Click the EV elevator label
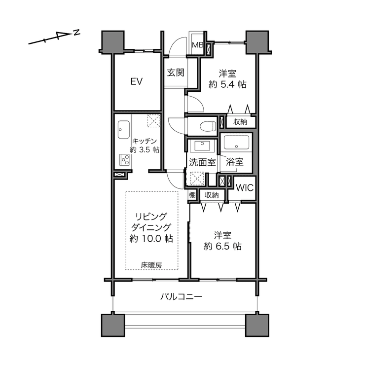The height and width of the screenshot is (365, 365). coord(137,81)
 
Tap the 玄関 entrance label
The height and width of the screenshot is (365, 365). coord(176,73)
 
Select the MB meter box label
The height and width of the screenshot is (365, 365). coord(198,45)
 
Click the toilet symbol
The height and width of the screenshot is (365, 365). coord(208,126)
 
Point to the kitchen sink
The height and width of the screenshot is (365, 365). coord(124,129)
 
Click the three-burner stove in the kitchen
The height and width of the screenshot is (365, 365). coord(124,160)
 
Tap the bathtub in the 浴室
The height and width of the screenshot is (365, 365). coord(236,142)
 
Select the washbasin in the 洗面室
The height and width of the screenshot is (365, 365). coord(202,146)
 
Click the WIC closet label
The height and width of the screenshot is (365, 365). coord(245,187)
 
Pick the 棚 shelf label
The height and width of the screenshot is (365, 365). coord(192,195)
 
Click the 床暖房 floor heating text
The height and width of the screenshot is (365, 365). coord(151,265)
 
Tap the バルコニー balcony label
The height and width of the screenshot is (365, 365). coord(181,296)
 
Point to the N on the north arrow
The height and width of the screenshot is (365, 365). coord(77,33)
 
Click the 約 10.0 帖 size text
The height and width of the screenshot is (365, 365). coord(151,238)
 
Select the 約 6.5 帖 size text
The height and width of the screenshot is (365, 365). coord(223,246)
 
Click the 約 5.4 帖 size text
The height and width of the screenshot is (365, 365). coord(227,84)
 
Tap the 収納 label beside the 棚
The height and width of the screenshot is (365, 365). coord(212,195)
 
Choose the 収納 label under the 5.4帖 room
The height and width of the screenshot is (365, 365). coord(240,122)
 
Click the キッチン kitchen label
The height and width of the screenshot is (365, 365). coord(145,141)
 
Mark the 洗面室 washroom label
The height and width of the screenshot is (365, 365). coord(202,162)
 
